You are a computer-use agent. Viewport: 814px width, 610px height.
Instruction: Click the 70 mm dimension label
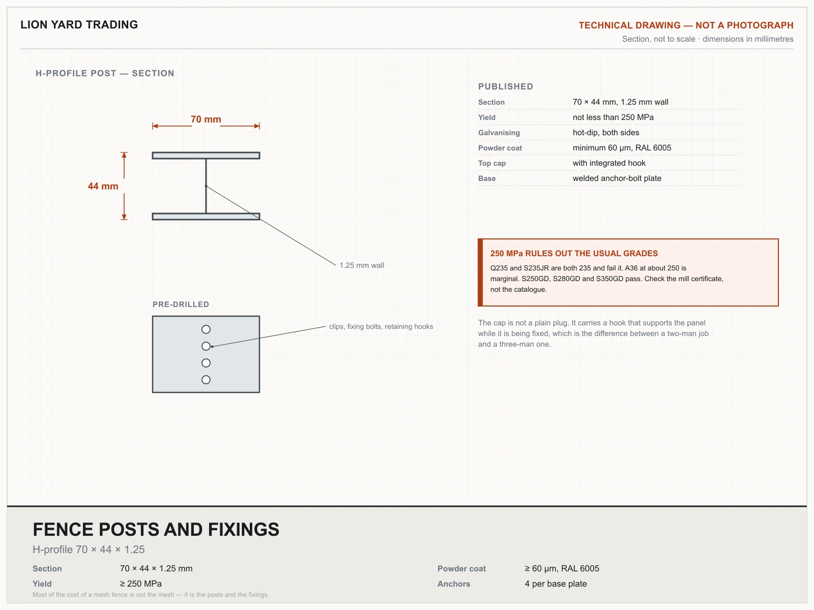[206, 119]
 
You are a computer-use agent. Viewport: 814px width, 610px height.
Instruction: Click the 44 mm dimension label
[103, 186]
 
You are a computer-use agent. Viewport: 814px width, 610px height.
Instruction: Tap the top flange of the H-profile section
[206, 156]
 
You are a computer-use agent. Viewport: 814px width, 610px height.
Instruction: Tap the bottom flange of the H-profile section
[206, 217]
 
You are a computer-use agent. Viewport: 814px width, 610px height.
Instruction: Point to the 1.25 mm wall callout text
[362, 265]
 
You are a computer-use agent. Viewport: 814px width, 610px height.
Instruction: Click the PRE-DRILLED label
[181, 304]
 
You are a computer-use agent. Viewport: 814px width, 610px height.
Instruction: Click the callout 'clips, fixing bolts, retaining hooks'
[381, 327]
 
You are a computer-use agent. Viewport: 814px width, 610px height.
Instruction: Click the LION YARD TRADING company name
[79, 25]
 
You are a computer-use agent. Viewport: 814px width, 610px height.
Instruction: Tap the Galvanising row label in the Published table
[499, 133]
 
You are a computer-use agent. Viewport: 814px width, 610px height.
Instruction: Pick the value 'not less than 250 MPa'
[613, 117]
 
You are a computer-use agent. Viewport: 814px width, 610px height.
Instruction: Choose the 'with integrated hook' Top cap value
[609, 163]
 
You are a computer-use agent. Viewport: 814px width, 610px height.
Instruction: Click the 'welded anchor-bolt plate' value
[617, 178]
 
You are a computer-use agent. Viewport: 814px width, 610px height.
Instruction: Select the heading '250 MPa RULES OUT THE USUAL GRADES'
[574, 253]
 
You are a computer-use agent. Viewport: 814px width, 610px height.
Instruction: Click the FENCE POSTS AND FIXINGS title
[156, 529]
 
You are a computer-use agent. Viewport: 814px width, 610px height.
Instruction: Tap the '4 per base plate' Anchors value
[556, 584]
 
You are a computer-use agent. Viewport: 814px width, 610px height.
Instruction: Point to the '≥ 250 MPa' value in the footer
[140, 584]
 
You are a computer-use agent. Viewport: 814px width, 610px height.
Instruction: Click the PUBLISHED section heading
[506, 86]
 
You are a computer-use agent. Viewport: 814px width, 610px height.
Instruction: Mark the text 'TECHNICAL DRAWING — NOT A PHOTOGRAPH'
[686, 25]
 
